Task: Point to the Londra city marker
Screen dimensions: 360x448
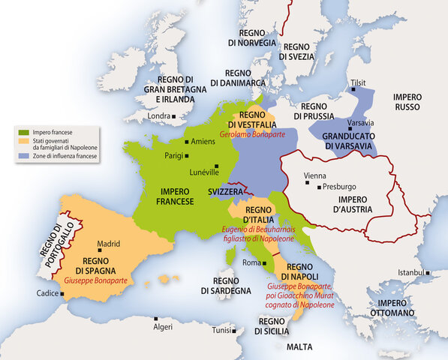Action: (174, 116)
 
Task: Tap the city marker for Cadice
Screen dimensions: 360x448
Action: (53, 293)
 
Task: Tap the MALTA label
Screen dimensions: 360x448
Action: (299, 347)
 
